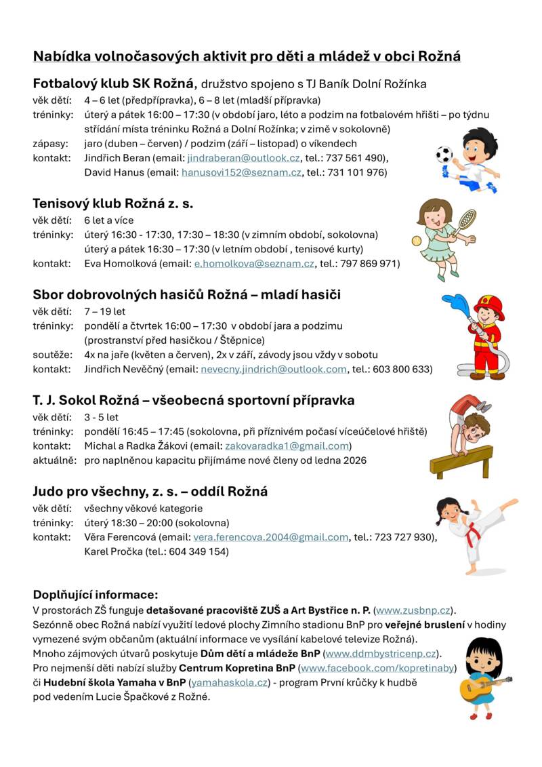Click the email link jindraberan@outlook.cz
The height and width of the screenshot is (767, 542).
pyautogui.click(x=243, y=158)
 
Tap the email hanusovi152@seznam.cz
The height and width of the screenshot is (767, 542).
pyautogui.click(x=241, y=172)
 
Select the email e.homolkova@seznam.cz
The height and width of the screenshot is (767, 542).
pyautogui.click(x=254, y=263)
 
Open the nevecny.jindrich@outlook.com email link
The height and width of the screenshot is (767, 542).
pyautogui.click(x=274, y=369)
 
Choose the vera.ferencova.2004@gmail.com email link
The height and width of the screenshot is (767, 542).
pyautogui.click(x=271, y=537)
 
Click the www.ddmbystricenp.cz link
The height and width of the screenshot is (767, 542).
pyautogui.click(x=381, y=654)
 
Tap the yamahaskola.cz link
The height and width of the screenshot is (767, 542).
pyautogui.click(x=229, y=682)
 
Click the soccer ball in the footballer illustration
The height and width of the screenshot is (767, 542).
pyautogui.click(x=444, y=155)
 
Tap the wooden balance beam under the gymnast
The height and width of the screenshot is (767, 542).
pyautogui.click(x=461, y=463)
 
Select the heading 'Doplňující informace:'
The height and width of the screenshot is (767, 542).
pyautogui.click(x=96, y=595)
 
